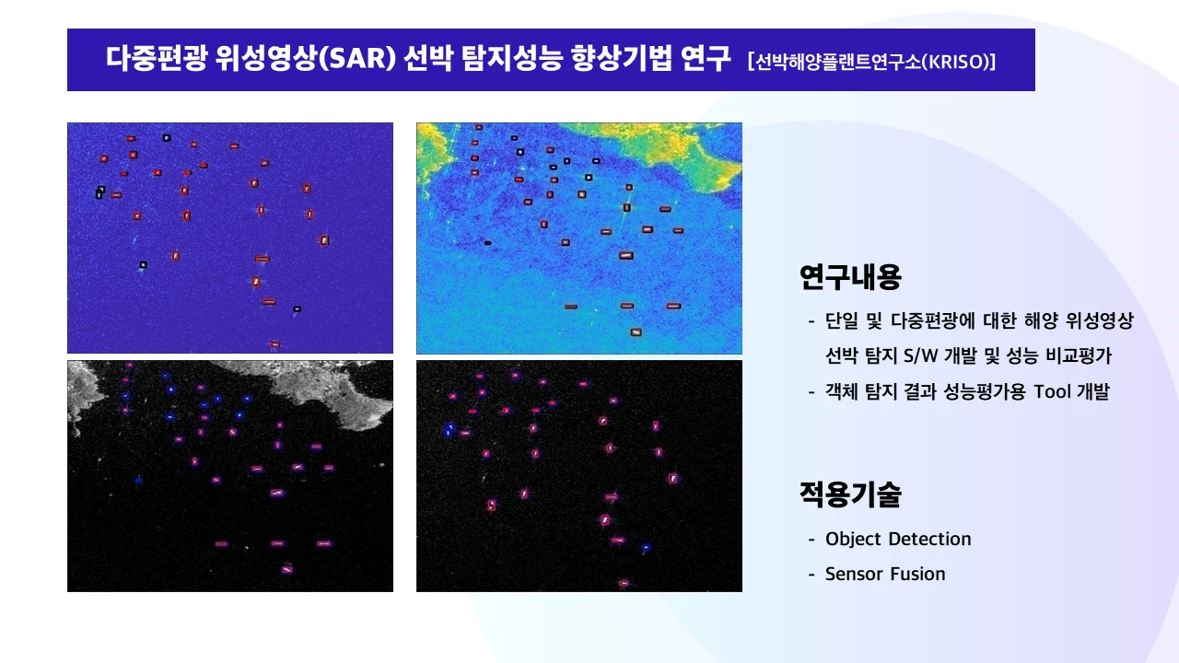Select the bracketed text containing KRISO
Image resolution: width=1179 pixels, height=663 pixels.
coord(872,62)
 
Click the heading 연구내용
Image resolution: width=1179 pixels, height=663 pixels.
coord(850,275)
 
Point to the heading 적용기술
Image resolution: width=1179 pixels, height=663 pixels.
coord(850,495)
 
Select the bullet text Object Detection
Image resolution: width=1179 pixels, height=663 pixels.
coord(898,539)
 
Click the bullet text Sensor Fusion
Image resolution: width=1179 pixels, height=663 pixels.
coord(885,574)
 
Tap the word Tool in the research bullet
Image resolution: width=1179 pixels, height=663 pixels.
coord(1052,391)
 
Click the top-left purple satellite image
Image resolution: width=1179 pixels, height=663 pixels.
coord(230,238)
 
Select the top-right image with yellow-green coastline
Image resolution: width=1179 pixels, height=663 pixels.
coord(579,238)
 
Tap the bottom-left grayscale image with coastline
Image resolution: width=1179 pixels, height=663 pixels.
coord(230,475)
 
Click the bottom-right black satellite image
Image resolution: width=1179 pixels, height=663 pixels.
coord(579,475)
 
